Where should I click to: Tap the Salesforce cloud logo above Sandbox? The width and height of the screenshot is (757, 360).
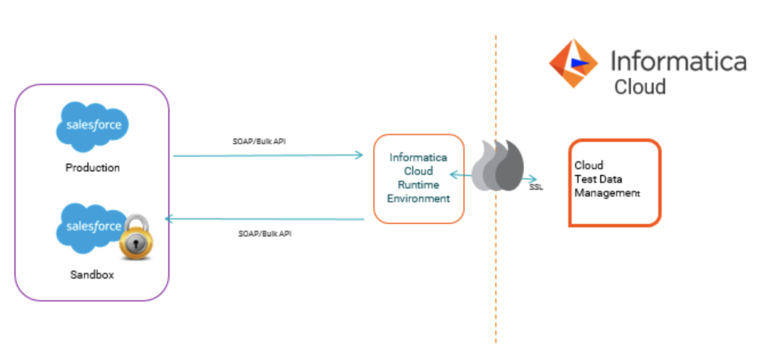[91, 227]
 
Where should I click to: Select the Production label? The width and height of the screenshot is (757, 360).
[92, 168]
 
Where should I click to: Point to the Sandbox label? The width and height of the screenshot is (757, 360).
[92, 275]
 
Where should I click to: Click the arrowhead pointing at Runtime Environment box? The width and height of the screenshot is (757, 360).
[359, 154]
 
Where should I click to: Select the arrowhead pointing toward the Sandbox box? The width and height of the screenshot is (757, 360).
[169, 219]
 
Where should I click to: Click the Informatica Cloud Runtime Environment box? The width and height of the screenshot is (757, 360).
[418, 178]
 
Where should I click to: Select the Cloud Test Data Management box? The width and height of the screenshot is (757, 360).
[614, 182]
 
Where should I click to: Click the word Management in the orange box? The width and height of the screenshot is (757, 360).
[607, 193]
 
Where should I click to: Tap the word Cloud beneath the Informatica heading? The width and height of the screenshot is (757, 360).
[639, 87]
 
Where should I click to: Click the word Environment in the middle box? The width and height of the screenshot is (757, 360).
[418, 199]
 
